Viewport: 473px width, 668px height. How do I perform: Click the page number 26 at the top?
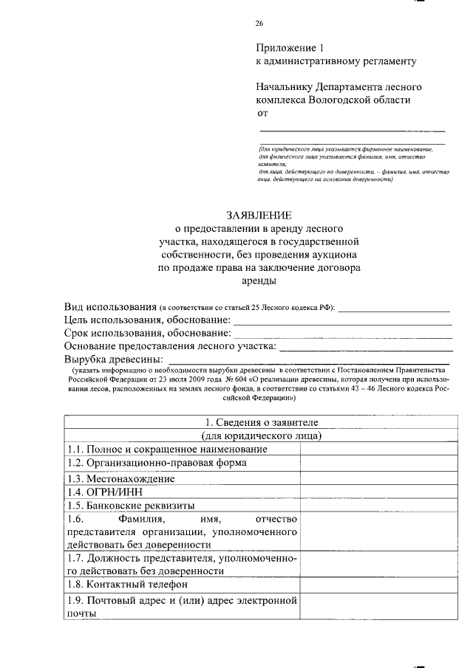click(x=259, y=24)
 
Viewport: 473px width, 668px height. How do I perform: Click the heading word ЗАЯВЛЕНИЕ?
click(x=259, y=216)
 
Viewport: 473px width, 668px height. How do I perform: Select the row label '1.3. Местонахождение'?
click(x=120, y=478)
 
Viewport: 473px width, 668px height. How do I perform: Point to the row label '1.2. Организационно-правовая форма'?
click(x=156, y=463)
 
